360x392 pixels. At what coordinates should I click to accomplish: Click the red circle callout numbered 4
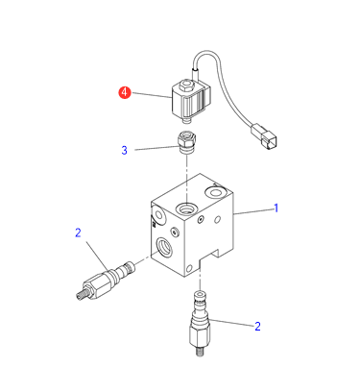(125, 92)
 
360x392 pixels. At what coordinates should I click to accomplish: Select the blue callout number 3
(125, 150)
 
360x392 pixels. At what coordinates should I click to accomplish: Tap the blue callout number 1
(276, 208)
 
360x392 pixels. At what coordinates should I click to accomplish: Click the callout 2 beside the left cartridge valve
(78, 233)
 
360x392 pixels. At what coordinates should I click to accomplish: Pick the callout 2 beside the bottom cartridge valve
(257, 327)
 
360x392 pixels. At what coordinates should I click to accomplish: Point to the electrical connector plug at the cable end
(264, 137)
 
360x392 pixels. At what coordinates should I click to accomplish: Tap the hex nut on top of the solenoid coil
(186, 86)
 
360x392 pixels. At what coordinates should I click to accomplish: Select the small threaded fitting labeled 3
(186, 143)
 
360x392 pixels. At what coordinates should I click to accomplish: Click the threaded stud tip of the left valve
(80, 295)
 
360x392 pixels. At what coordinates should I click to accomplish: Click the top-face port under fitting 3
(186, 208)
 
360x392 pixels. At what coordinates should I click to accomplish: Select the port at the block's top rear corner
(215, 192)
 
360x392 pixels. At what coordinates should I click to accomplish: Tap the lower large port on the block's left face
(164, 247)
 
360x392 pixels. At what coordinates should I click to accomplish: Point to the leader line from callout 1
(252, 211)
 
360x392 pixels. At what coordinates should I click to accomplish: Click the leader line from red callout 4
(152, 95)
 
